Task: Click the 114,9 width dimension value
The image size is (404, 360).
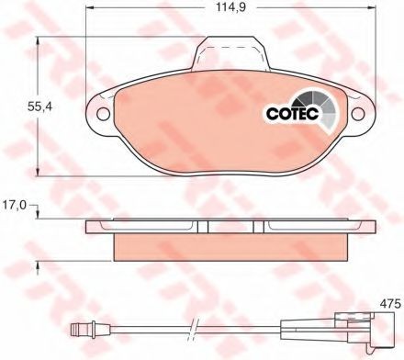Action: click(x=231, y=7)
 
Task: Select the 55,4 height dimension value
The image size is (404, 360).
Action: click(x=40, y=107)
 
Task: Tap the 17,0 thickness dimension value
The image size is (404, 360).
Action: click(x=15, y=205)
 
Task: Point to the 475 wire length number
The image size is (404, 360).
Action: click(x=390, y=304)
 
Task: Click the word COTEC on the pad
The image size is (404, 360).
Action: click(x=293, y=114)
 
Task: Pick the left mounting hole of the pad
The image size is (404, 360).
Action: click(x=103, y=114)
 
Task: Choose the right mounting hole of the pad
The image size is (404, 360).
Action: click(x=358, y=114)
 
